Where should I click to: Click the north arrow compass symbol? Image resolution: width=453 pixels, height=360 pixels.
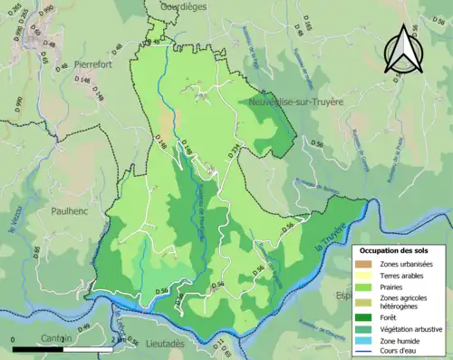pos(403,49)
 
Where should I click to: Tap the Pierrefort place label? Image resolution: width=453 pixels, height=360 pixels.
pos(97,66)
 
